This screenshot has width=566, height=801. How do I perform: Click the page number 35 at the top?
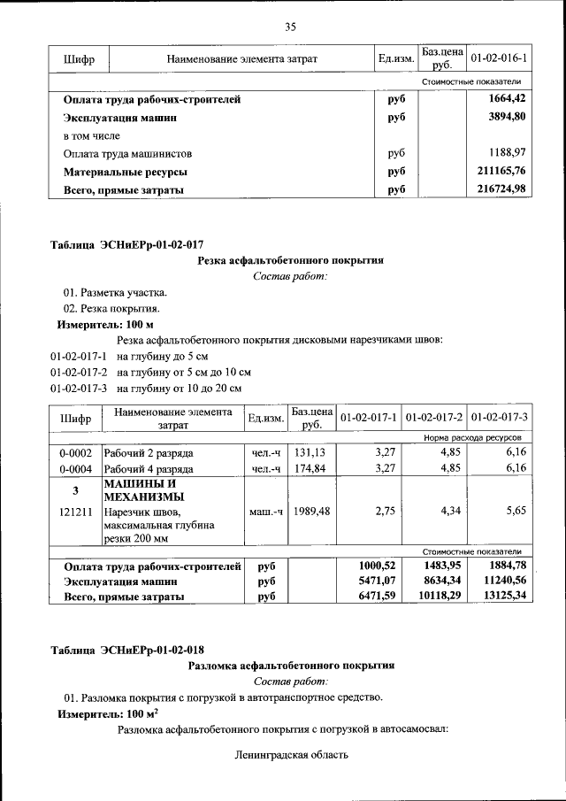[289, 26]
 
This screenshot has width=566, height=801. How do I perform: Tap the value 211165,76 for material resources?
[501, 171]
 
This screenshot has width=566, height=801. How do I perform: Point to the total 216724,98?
[501, 189]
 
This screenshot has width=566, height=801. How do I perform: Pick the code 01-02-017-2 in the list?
[80, 372]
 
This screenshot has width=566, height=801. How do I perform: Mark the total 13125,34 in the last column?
[501, 597]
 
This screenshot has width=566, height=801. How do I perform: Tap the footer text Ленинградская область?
[292, 755]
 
